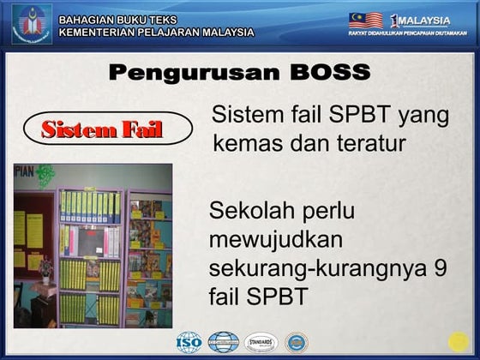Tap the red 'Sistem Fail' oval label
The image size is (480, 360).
tap(102, 130)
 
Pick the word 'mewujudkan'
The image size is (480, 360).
tap(276, 239)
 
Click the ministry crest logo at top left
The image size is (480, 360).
tap(31, 23)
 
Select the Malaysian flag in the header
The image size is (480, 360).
tap(365, 20)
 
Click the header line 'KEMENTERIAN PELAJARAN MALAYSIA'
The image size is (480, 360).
tap(156, 33)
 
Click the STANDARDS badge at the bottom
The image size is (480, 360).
tap(261, 342)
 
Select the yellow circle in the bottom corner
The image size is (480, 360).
tap(459, 342)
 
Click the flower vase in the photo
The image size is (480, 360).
tap(45, 269)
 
